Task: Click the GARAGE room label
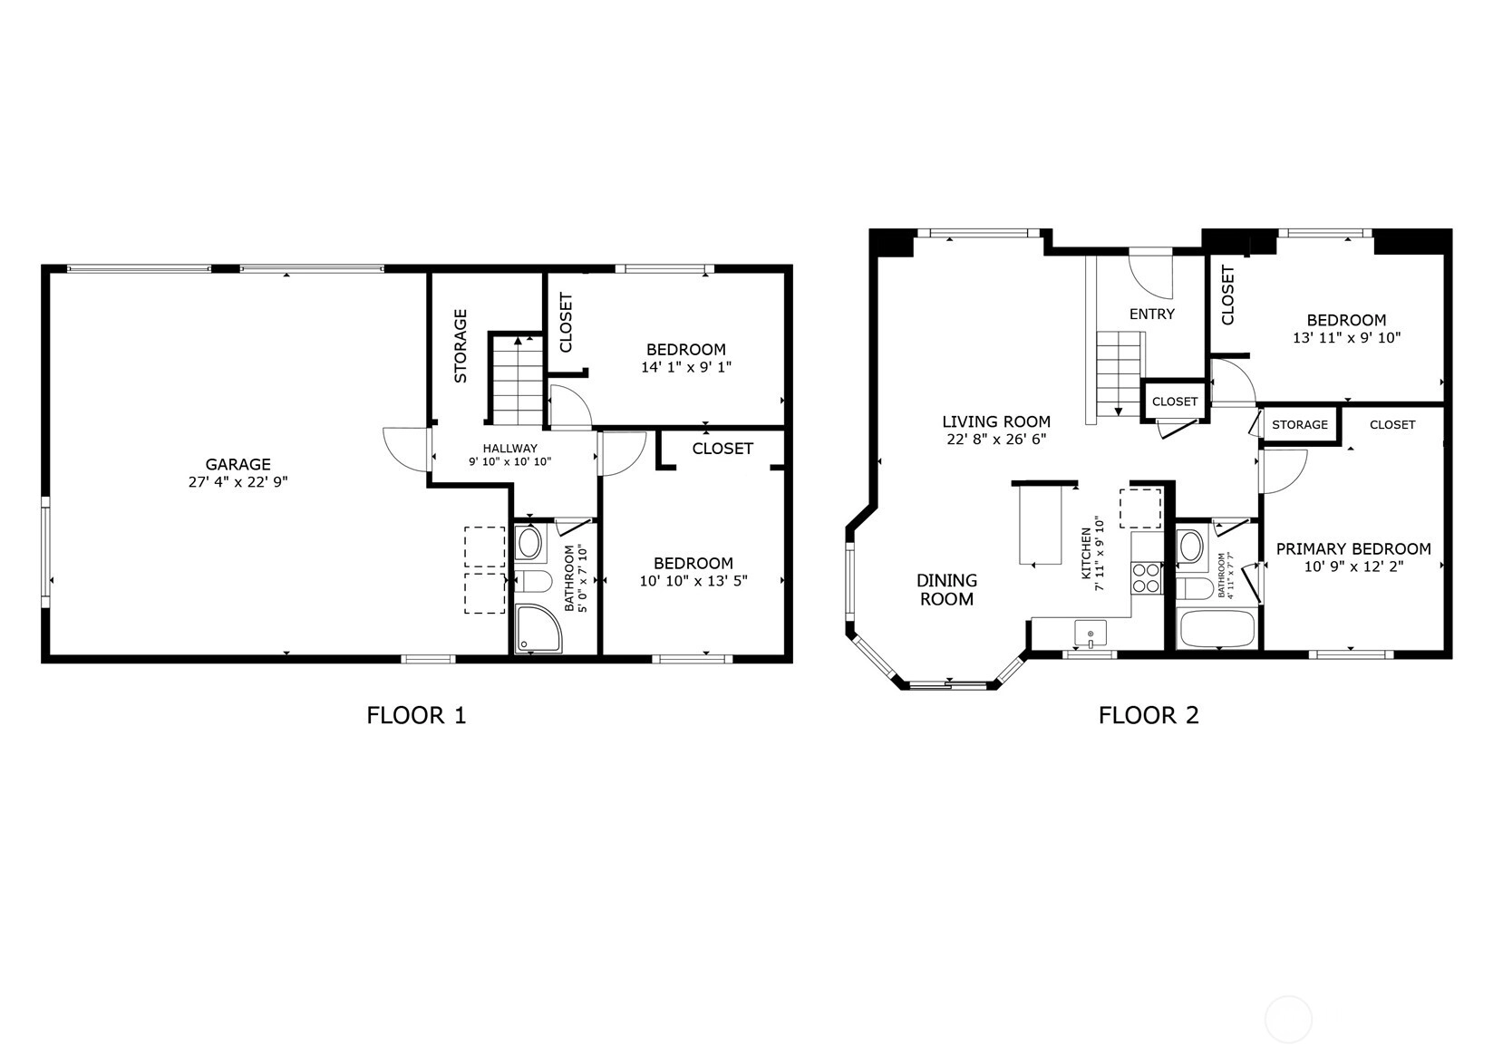(238, 465)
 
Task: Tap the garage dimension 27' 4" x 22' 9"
(238, 482)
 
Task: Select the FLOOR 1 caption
(416, 715)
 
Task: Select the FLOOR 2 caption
(1149, 715)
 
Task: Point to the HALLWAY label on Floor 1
(509, 449)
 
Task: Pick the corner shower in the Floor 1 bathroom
(538, 628)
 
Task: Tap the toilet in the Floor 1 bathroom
(533, 581)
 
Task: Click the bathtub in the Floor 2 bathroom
(1217, 628)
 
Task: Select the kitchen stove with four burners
(1147, 577)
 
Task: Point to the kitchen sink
(1090, 633)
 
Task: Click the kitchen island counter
(1041, 524)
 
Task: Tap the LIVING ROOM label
(996, 421)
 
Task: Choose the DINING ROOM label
(946, 590)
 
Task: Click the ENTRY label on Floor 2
(1152, 314)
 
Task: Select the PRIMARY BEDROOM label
(1353, 549)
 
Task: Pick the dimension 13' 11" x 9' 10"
(1346, 338)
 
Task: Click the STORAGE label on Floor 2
(1300, 424)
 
